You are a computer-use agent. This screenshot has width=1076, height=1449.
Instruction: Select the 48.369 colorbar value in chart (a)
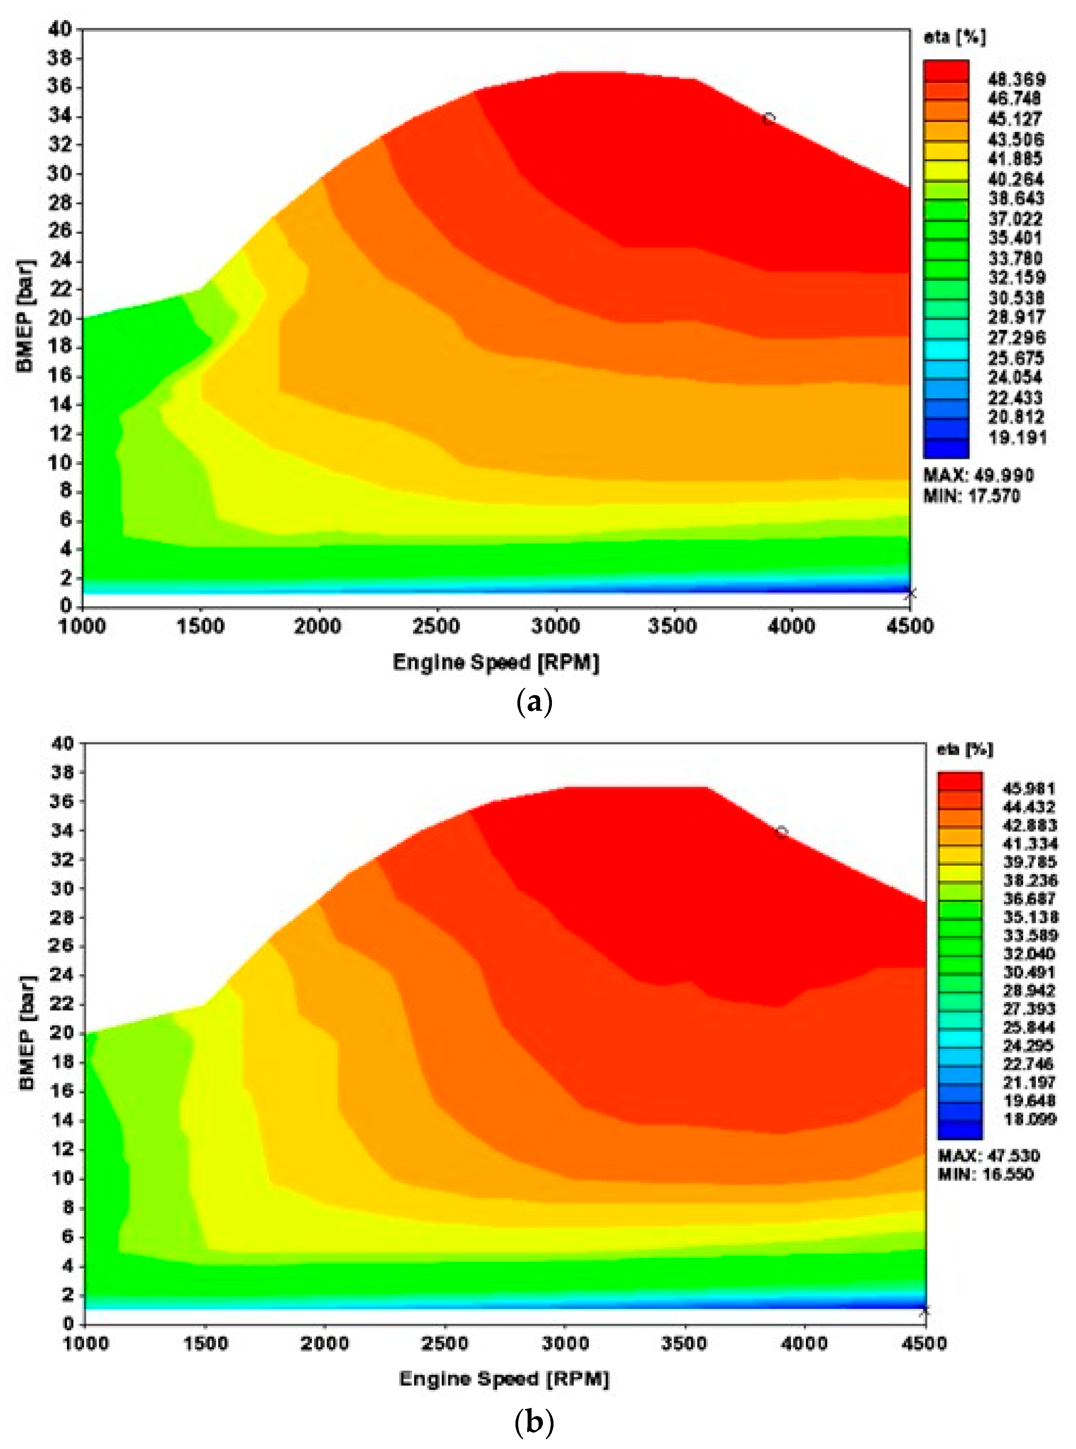[x=1016, y=80]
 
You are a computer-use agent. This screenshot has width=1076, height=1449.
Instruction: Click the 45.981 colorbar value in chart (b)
[x=1029, y=789]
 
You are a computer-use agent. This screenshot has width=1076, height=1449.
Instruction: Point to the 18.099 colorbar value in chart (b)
[x=1029, y=1119]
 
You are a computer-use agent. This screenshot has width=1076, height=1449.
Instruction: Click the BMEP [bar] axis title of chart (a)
[x=25, y=316]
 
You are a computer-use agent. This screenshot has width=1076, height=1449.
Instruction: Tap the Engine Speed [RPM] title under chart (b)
[x=503, y=1379]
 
